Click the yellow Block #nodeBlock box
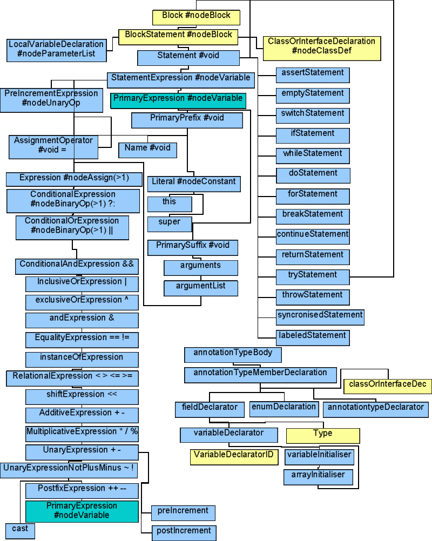(196, 16)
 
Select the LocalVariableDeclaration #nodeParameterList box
(56, 50)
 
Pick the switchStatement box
(313, 114)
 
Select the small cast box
(21, 530)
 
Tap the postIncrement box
(184, 532)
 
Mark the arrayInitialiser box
(319, 476)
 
